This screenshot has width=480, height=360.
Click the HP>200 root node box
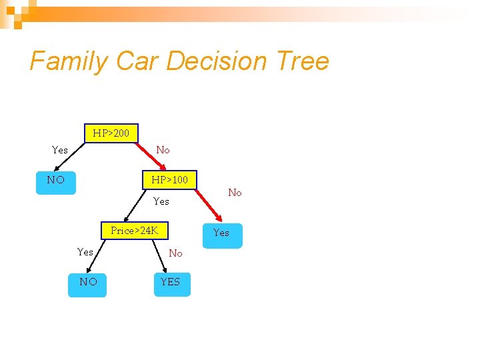pyautogui.click(x=111, y=133)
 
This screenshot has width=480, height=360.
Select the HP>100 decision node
pyautogui.click(x=169, y=180)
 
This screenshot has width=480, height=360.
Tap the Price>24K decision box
pyautogui.click(x=135, y=231)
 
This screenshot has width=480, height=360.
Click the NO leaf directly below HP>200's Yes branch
pyautogui.click(x=56, y=180)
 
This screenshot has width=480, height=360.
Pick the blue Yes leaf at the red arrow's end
pyautogui.click(x=221, y=234)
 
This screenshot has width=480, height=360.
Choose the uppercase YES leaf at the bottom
pyautogui.click(x=171, y=282)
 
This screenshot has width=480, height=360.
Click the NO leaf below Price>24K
pyautogui.click(x=88, y=282)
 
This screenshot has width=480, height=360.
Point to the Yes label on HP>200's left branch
pyautogui.click(x=60, y=150)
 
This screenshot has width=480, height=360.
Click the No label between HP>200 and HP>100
pyautogui.click(x=163, y=150)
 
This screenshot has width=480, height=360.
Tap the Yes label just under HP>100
pyautogui.click(x=161, y=201)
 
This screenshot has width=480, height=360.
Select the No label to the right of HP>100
pyautogui.click(x=235, y=193)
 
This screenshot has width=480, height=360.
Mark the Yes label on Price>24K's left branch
pyautogui.click(x=85, y=252)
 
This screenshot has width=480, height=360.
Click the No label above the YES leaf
pyautogui.click(x=175, y=253)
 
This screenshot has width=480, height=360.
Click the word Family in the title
pyautogui.click(x=69, y=61)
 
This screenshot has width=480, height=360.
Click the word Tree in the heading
pyautogui.click(x=302, y=61)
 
